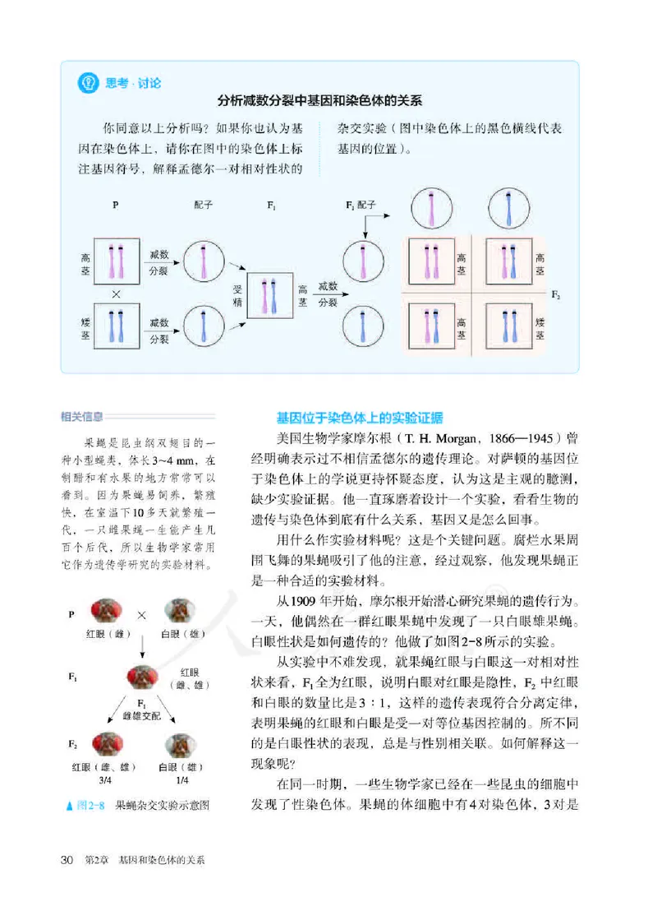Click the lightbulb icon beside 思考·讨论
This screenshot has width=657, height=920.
tap(87, 83)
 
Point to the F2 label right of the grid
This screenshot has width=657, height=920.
tap(558, 294)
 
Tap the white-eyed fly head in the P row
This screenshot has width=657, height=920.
tap(181, 613)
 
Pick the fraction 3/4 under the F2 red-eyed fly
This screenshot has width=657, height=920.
tap(105, 780)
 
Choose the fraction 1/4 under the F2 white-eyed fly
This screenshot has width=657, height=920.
tap(181, 780)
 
